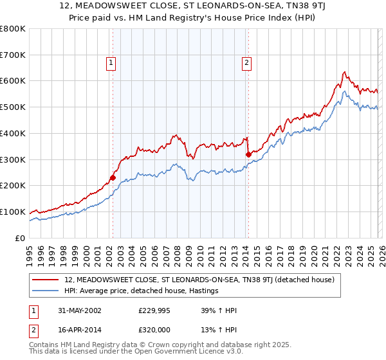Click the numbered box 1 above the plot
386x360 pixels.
click(x=111, y=63)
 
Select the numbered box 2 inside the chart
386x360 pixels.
click(x=246, y=63)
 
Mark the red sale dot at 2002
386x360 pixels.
click(x=113, y=177)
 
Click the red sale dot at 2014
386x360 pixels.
click(x=248, y=154)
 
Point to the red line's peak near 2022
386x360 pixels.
click(x=345, y=71)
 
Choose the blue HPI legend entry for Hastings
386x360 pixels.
click(x=142, y=291)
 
